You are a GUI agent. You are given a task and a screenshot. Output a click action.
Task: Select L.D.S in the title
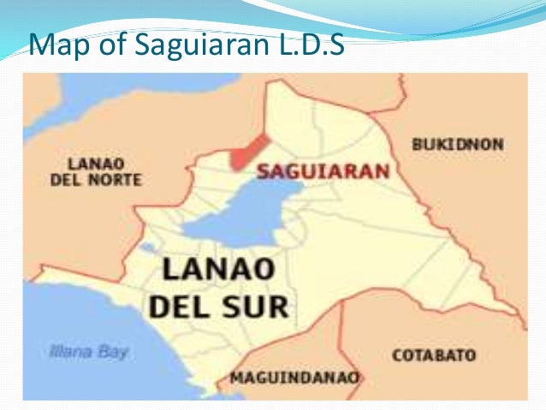(309, 43)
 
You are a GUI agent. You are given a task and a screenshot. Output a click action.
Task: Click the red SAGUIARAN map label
(323, 170)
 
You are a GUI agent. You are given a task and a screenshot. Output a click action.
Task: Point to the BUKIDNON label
(457, 145)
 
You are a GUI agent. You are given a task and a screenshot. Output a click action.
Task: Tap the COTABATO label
(434, 354)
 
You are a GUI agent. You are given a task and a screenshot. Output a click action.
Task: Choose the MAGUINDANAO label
(295, 377)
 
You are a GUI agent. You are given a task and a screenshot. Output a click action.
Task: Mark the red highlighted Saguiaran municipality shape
(248, 151)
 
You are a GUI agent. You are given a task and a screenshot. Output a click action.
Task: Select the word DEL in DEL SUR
(179, 306)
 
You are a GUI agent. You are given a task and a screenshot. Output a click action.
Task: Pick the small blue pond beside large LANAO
(149, 248)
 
